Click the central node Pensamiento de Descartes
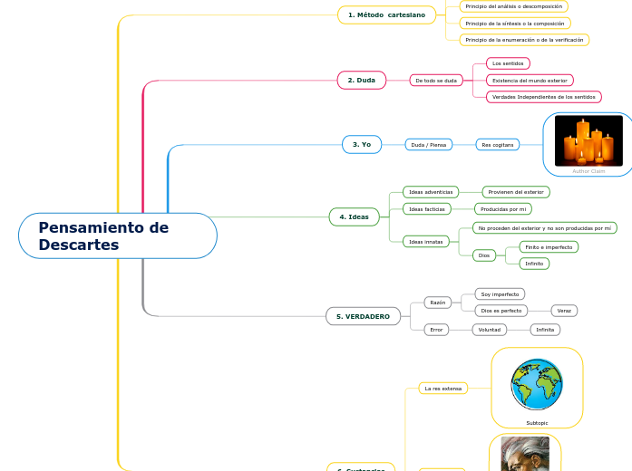118,235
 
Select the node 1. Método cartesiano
386,14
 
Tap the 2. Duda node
361,81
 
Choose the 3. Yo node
362,144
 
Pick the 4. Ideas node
354,216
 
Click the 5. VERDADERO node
363,316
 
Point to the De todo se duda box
435,81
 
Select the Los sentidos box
508,63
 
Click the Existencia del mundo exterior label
530,81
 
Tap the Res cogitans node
498,145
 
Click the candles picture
588,140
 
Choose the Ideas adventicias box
431,192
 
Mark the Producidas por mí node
506,208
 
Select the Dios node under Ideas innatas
484,255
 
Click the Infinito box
534,264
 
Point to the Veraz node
564,311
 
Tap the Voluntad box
490,330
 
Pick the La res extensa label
443,389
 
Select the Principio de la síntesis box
514,24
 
